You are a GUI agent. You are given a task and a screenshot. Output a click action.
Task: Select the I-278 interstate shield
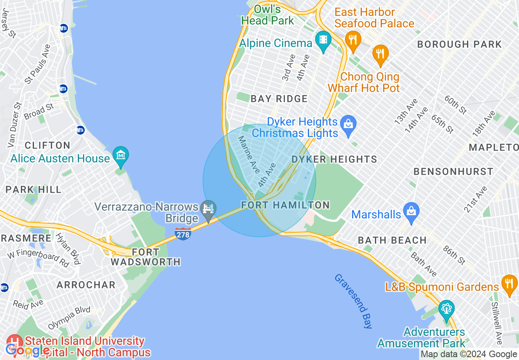[x=182, y=234]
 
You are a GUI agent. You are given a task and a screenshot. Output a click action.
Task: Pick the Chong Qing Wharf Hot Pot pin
[x=380, y=54]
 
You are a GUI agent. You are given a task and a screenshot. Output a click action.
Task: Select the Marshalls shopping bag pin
[x=411, y=211]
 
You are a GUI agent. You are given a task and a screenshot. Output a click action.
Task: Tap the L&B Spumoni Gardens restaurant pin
[x=509, y=283]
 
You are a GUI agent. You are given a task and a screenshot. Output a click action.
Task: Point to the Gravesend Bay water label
[x=353, y=301]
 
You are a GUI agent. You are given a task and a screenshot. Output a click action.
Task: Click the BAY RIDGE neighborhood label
[x=279, y=99]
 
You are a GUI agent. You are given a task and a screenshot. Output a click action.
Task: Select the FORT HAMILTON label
[x=285, y=205]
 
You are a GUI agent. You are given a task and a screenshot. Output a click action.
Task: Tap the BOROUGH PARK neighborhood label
[x=459, y=44]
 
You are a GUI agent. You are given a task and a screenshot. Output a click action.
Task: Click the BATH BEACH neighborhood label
[x=392, y=240]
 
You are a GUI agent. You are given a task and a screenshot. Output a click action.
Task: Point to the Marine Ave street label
[x=249, y=154]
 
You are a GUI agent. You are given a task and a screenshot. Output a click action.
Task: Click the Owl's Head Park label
[x=267, y=15]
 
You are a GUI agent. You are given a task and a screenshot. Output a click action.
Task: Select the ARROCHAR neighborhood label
[x=86, y=285]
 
